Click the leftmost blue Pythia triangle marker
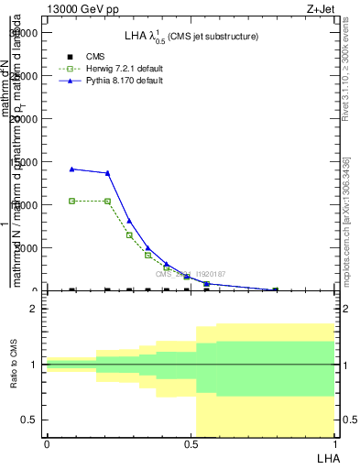click(x=72, y=169)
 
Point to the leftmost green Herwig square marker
click(x=72, y=201)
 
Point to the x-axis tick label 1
click(x=334, y=443)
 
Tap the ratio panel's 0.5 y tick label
click(x=28, y=420)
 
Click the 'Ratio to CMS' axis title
click(x=15, y=365)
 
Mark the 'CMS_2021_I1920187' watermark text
click(x=190, y=274)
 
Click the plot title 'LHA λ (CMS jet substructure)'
click(x=191, y=36)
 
